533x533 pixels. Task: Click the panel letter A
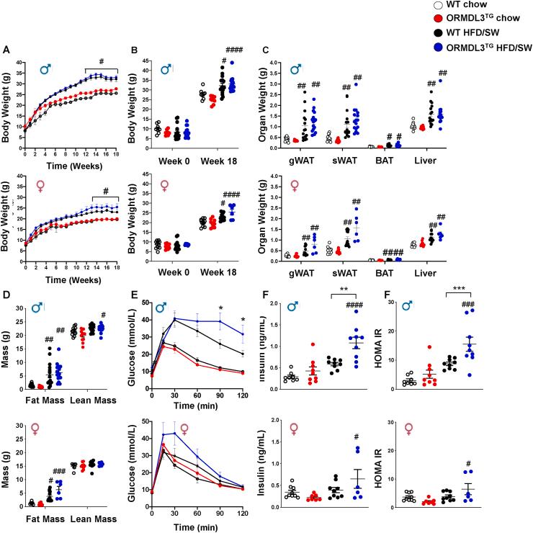(6, 50)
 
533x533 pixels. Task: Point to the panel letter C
(267, 50)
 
